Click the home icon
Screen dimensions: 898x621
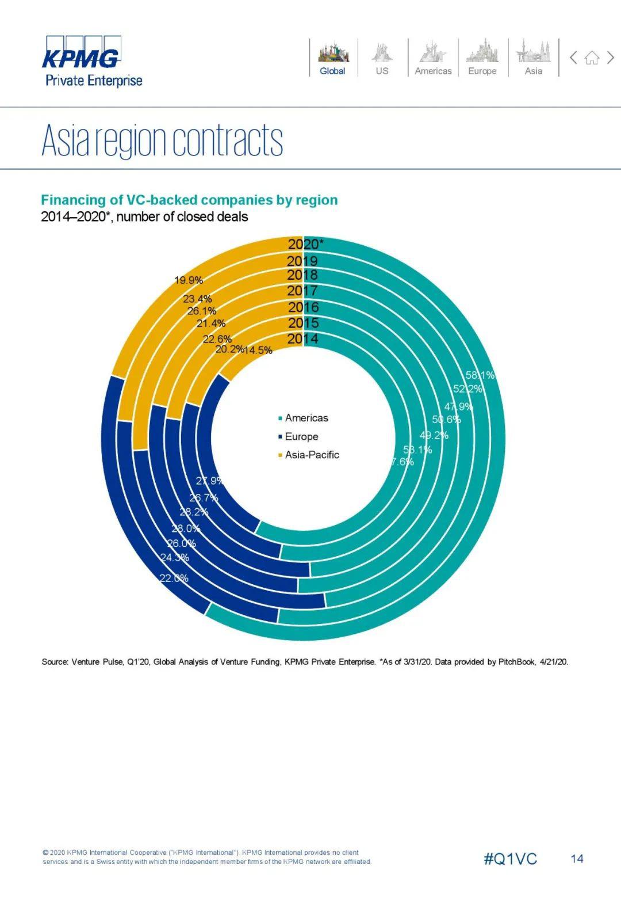(x=592, y=58)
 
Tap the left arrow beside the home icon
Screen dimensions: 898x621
(x=573, y=57)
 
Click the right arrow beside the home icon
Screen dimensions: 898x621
(x=611, y=57)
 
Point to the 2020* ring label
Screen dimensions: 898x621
(x=305, y=244)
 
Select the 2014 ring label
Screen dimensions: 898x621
(x=303, y=338)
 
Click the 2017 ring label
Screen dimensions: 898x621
(x=302, y=291)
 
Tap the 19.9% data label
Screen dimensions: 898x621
(x=189, y=280)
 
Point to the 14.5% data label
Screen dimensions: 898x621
(x=258, y=350)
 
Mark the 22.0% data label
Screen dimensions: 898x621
(x=174, y=578)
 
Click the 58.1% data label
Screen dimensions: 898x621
(x=480, y=375)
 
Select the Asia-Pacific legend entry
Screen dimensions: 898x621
(x=312, y=455)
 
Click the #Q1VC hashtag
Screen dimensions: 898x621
(x=510, y=859)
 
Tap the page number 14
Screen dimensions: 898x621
(x=577, y=859)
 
